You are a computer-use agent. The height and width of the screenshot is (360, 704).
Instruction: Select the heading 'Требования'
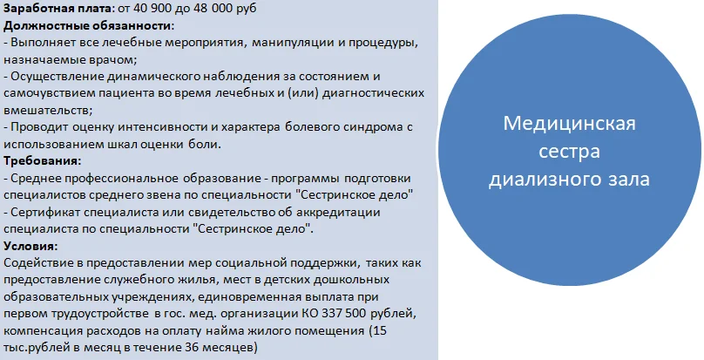tap(42, 162)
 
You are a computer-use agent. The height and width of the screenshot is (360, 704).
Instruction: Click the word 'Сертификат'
tap(44, 213)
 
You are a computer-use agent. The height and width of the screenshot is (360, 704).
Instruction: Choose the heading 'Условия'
tap(30, 247)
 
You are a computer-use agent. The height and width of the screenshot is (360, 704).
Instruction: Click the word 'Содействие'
tap(37, 263)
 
